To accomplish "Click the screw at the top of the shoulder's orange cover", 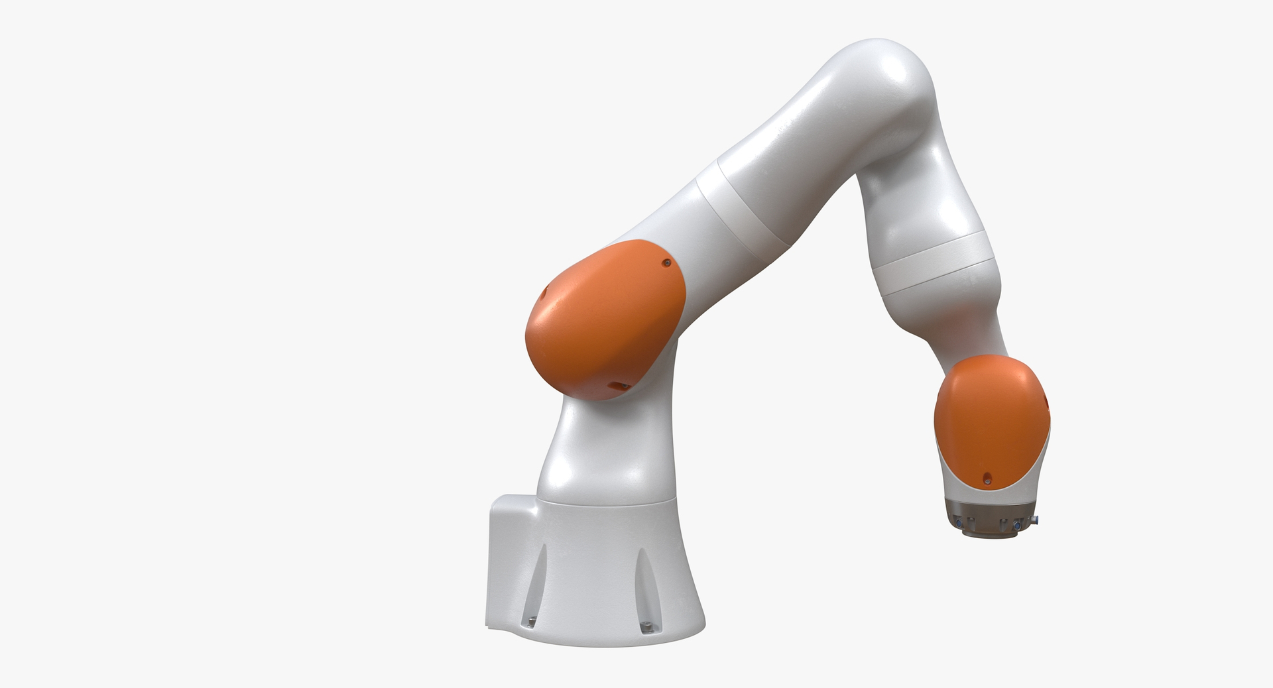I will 666,263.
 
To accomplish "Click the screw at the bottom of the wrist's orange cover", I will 987,477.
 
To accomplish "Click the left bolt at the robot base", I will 531,621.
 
